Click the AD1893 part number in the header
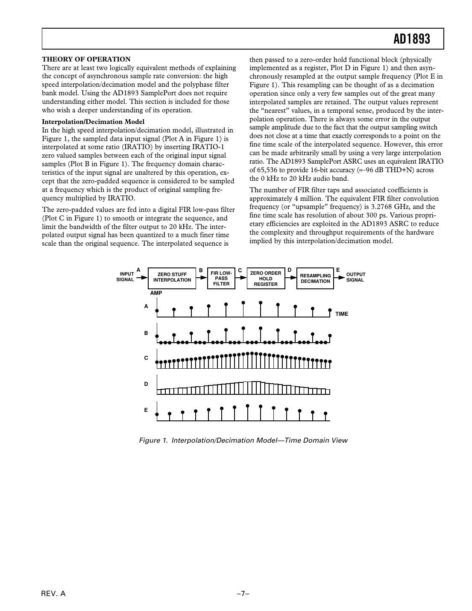pos(412,39)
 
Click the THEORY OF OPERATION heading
pos(86,59)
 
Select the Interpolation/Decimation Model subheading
pos(93,122)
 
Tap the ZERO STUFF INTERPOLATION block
pos(172,277)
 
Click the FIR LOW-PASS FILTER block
pos(221,278)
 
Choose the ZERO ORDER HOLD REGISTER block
pos(266,279)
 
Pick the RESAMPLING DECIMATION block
pos(315,279)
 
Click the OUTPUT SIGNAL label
pos(355,277)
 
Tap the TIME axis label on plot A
pos(342,314)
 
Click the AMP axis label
pos(156,293)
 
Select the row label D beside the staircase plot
pos(146,384)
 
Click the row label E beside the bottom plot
pos(146,410)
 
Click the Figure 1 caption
pos(243,441)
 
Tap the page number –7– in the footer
pos(243,594)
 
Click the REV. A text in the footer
pos(53,594)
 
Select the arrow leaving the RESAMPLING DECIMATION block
pos(340,277)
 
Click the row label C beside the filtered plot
pos(146,358)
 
